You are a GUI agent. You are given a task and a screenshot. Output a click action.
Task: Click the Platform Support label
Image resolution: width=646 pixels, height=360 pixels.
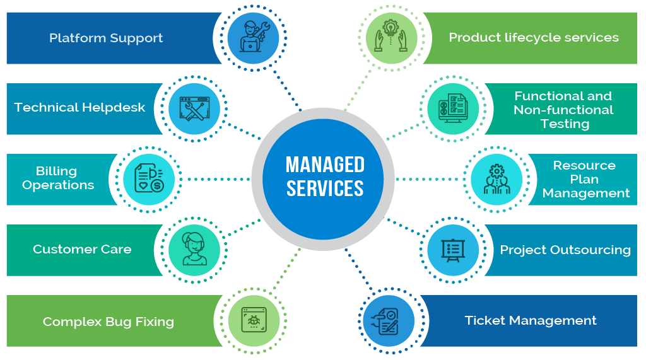coord(106,38)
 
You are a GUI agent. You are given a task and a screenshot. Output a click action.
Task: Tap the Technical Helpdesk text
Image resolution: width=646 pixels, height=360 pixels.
coord(79,107)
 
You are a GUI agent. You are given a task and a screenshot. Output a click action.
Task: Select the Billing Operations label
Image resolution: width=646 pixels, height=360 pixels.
coord(57,178)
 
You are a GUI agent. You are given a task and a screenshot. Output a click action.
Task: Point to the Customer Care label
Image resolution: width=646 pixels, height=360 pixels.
coord(82,249)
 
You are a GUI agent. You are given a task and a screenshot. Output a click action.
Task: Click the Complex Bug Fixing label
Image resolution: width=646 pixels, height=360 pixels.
coord(108,322)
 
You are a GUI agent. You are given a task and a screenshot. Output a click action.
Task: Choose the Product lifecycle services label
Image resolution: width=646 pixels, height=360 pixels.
coord(533,37)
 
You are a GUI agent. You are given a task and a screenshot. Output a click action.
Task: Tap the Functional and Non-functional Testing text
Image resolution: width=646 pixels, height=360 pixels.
coord(563,110)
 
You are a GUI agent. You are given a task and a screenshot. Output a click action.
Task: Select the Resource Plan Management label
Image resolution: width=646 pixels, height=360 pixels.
coord(585,179)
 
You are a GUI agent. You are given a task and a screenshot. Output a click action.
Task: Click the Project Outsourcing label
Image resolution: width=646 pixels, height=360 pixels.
coord(565,250)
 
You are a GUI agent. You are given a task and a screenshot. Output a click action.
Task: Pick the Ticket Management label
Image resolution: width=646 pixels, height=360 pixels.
coord(530,320)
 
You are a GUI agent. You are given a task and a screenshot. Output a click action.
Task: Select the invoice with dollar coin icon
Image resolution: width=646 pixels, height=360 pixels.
coord(149,178)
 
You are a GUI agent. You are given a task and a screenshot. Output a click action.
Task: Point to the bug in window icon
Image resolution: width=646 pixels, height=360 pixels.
coord(252,320)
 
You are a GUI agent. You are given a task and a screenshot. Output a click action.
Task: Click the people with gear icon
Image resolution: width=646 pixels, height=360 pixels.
coord(496,178)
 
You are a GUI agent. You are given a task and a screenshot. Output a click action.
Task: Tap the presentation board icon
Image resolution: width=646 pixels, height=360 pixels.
coord(452,250)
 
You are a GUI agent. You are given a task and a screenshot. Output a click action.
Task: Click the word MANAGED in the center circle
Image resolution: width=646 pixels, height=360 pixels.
coord(325,165)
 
